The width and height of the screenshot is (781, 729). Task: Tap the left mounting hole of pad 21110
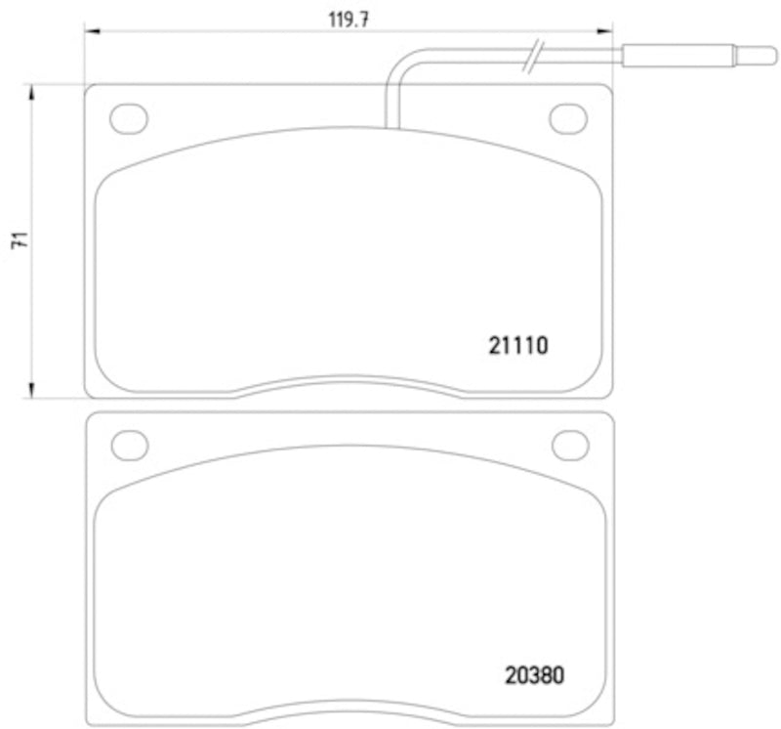(x=128, y=118)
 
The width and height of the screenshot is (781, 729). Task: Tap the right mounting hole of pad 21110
(x=568, y=118)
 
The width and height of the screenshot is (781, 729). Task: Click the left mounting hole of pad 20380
(x=129, y=445)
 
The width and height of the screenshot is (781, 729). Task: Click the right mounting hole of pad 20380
(x=570, y=445)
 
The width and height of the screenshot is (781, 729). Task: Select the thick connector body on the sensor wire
(x=678, y=55)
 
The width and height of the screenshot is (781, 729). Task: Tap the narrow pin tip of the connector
(x=748, y=55)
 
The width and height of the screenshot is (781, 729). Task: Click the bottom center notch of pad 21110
(x=349, y=384)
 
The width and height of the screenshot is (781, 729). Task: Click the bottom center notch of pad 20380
(x=349, y=711)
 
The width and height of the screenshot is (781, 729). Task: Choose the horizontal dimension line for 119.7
(x=244, y=32)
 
